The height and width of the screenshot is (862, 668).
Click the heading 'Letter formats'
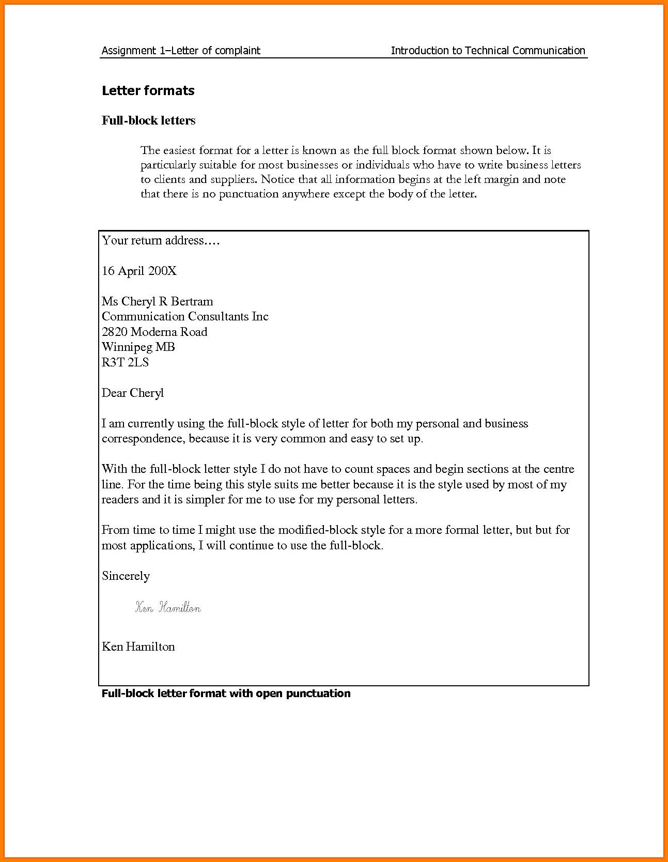coord(148,90)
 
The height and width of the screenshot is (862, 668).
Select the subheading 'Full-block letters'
coord(148,120)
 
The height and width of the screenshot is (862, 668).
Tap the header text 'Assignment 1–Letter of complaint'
coord(181,51)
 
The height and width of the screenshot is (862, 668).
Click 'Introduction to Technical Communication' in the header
coord(488,51)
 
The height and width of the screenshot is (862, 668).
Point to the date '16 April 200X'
coord(139,271)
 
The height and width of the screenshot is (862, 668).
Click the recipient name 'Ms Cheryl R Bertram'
coord(157,301)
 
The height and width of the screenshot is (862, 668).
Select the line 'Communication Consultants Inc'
coord(185,316)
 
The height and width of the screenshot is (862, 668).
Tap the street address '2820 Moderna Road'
coord(154,332)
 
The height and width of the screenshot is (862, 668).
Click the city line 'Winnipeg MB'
coord(138,347)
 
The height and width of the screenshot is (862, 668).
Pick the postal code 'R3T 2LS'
coord(125,362)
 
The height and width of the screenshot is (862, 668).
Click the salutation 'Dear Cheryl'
coord(133,393)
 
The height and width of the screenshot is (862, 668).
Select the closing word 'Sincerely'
coord(126,576)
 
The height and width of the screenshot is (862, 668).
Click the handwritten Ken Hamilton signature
coord(168,608)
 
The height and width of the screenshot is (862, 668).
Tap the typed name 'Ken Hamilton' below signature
coord(138,646)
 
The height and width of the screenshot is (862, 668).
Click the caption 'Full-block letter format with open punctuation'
coord(226,694)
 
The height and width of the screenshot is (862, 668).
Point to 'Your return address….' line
coord(161,240)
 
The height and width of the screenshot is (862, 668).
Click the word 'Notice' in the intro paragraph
coord(278,179)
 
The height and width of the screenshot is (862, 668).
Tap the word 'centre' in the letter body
coord(558,469)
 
